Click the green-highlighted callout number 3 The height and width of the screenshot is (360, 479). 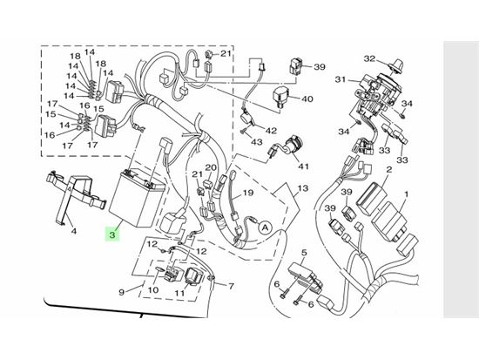tap(112, 234)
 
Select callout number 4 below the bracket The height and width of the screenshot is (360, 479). tap(74, 232)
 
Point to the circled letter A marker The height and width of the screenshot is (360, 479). tap(266, 228)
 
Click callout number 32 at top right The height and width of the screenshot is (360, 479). tap(369, 58)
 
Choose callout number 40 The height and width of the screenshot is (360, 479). tap(307, 99)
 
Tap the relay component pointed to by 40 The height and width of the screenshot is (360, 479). tap(280, 95)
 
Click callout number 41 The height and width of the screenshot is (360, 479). tap(303, 166)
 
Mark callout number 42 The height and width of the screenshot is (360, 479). tap(271, 131)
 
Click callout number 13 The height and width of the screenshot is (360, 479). tap(302, 188)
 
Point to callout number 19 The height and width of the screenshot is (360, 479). tap(247, 193)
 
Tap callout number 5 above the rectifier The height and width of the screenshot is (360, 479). tap(304, 253)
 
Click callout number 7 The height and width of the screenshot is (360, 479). tap(232, 286)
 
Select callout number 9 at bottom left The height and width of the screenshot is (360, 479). tap(122, 292)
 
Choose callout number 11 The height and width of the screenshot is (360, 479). tap(180, 293)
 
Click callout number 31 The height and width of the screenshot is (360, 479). tap(341, 79)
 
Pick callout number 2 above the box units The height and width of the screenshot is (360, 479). tap(389, 169)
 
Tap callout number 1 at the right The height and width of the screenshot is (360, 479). tap(407, 194)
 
